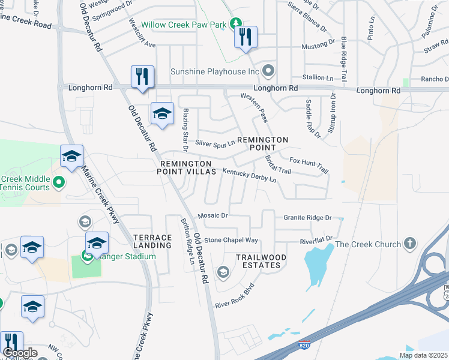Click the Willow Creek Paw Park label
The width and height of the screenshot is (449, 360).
tap(184, 25)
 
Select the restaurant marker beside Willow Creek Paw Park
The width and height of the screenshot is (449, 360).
tap(246, 38)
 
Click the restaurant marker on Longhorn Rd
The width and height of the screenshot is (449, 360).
tap(142, 77)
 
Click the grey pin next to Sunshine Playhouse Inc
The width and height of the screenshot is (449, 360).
tap(268, 71)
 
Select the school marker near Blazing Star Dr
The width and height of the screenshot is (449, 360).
tap(162, 114)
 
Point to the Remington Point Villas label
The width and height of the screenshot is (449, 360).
tap(185, 167)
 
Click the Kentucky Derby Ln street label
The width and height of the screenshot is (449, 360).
tap(249, 176)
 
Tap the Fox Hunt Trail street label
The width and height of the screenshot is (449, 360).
tap(309, 164)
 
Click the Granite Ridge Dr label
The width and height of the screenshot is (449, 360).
tap(307, 217)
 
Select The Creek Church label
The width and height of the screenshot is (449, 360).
tap(367, 244)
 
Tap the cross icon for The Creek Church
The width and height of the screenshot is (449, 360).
tap(410, 243)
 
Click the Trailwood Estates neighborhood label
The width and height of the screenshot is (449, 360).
tap(258, 261)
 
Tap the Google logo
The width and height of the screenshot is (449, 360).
tap(20, 353)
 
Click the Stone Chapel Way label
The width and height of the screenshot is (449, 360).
tap(231, 240)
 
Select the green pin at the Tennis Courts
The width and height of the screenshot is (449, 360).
tap(58, 182)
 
